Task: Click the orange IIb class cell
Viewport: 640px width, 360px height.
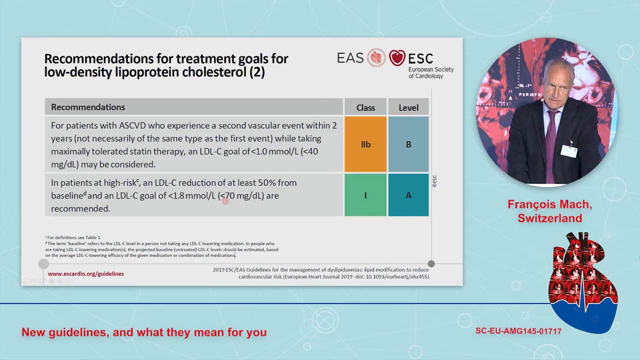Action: tap(365, 144)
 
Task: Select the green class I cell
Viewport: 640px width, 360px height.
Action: tap(365, 195)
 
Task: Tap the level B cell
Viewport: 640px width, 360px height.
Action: tap(408, 144)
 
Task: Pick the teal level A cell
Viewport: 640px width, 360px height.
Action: tap(408, 195)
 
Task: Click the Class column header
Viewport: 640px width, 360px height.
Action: tap(365, 107)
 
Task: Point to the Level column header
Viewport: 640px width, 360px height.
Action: tap(408, 107)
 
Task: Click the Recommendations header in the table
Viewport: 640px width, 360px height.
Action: tap(88, 107)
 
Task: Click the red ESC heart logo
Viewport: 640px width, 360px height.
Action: tap(397, 57)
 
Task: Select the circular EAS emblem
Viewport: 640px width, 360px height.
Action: tap(376, 57)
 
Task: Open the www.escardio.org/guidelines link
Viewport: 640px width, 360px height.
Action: tap(85, 273)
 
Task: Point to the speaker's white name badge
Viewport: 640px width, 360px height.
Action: tap(569, 151)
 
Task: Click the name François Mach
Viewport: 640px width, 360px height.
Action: tap(549, 204)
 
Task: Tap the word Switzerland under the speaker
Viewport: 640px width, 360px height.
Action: tap(549, 218)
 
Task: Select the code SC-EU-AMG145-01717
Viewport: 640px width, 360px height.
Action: tap(518, 331)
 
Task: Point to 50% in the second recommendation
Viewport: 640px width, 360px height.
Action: tap(267, 183)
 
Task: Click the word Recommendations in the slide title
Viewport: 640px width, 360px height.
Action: tap(98, 58)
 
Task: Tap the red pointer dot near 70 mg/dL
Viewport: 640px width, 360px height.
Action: tap(225, 201)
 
